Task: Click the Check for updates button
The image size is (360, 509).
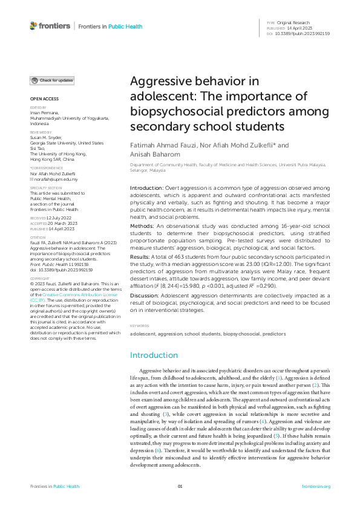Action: coord(53,80)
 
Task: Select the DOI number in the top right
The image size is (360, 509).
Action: coord(303,34)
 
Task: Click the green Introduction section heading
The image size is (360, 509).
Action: coord(155,354)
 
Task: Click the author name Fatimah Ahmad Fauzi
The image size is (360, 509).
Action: coord(159,145)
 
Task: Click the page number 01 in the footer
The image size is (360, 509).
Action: coord(180,486)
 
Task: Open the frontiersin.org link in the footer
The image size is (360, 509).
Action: coord(315,486)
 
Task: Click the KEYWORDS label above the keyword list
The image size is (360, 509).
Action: coord(139,326)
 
